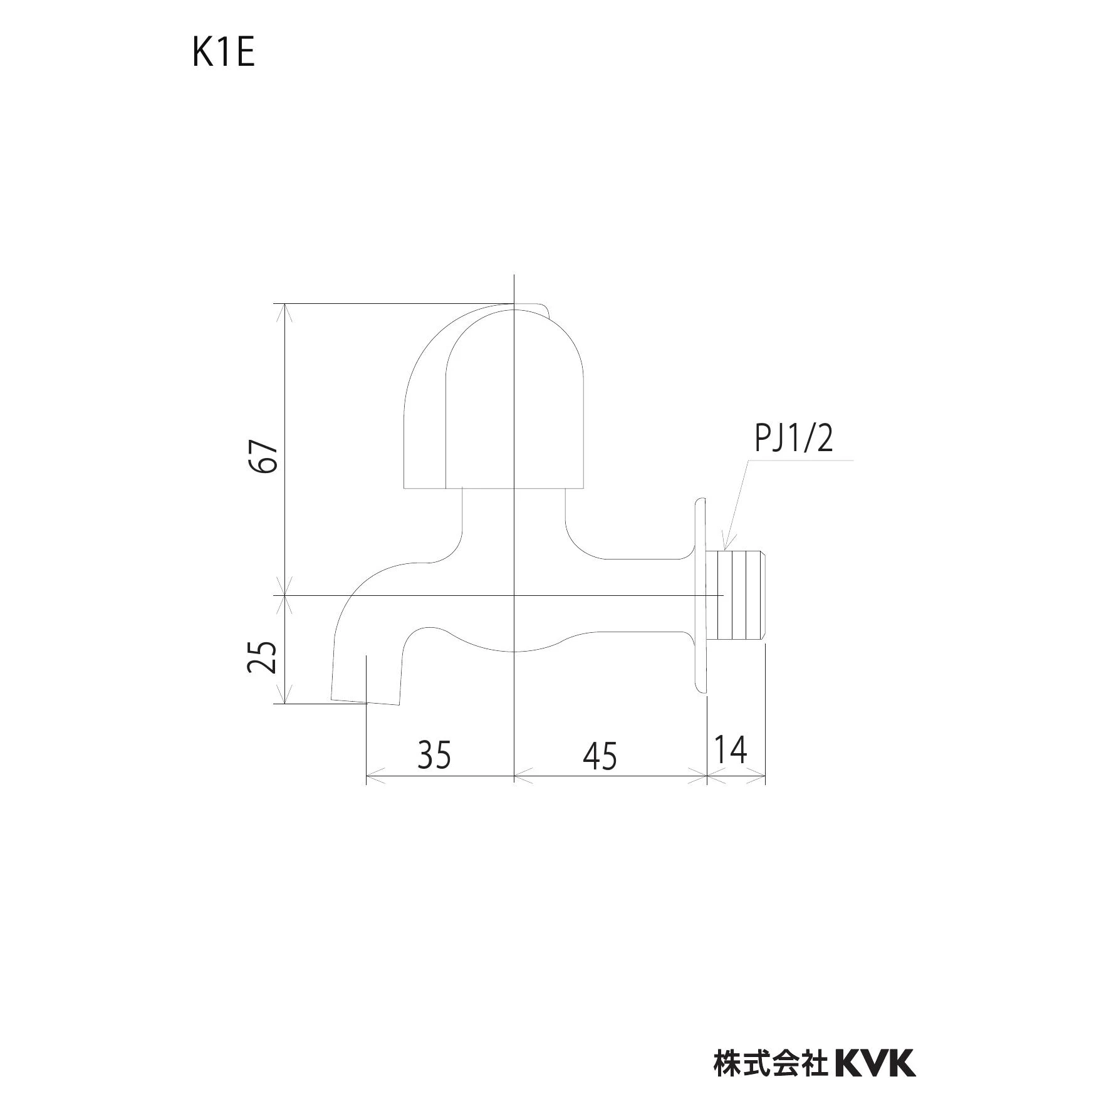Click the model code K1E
coord(224,53)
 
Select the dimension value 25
coord(263,656)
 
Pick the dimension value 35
coord(434,754)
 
